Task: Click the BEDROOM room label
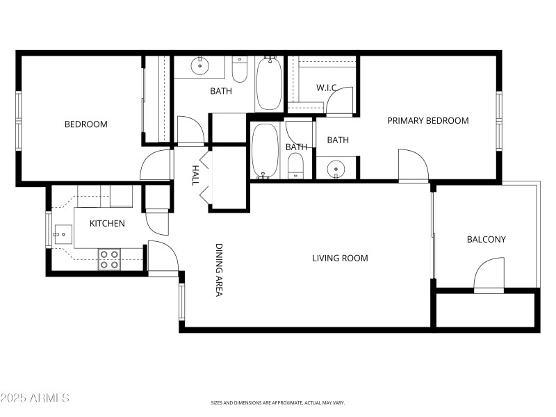85,124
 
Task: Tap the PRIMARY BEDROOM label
427,121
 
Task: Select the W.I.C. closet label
327,88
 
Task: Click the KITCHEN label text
107,224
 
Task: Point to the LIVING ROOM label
340,259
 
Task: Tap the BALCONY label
486,240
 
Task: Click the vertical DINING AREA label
218,270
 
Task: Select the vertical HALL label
196,174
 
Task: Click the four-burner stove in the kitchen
109,259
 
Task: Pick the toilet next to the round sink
240,70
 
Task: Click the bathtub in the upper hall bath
268,83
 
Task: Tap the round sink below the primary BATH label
336,168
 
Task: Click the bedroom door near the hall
156,165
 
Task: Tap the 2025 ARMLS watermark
35,398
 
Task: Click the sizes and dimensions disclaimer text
278,402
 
